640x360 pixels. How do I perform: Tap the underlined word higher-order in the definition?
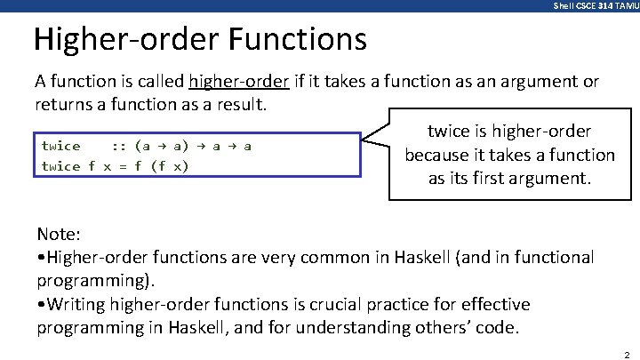coord(239,82)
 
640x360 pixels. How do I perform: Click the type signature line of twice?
coord(147,146)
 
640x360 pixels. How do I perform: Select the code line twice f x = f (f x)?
coord(116,166)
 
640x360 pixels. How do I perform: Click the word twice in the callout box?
coord(447,132)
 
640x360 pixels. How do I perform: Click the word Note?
coord(59,235)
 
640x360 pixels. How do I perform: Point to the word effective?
coord(495,304)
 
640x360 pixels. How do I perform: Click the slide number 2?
coord(627,353)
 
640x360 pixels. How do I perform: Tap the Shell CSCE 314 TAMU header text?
coord(595,5)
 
